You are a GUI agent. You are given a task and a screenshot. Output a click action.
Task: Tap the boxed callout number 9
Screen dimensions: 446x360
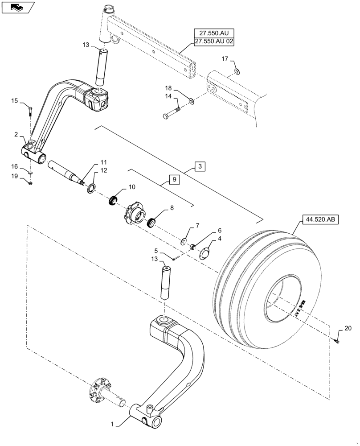(x=174, y=180)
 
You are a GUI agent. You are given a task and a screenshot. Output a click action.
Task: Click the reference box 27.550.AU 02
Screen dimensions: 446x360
(x=213, y=41)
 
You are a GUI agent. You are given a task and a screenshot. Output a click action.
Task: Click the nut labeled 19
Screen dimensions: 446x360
(x=30, y=182)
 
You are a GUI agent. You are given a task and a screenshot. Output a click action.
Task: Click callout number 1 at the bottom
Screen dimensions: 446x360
(x=112, y=424)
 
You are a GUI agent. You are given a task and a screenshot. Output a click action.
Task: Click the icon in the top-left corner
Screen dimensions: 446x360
(x=17, y=7)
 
